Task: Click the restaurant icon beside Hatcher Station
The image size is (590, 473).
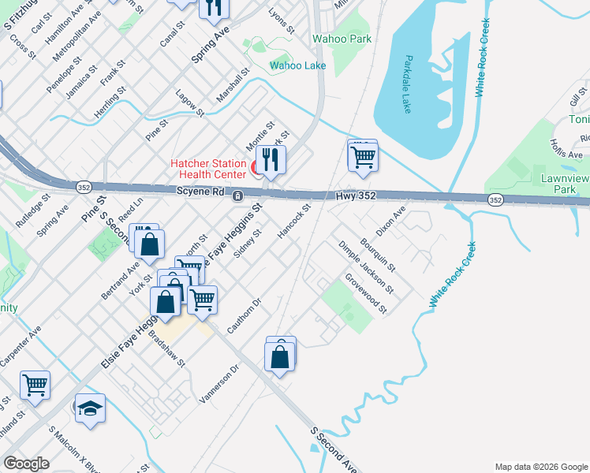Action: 271,160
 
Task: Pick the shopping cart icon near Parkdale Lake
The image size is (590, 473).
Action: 363,156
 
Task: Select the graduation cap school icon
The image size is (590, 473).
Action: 90,408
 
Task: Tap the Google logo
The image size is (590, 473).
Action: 26,464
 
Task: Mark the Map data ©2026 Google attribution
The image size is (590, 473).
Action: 540,467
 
